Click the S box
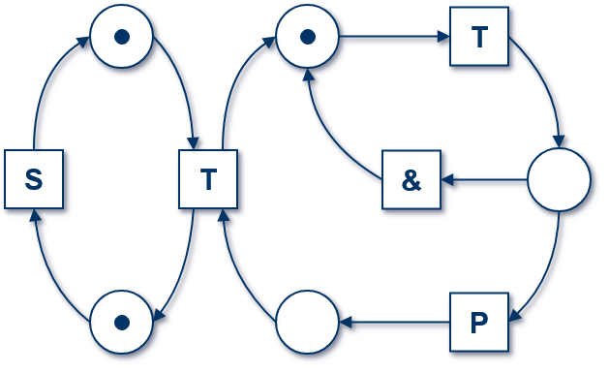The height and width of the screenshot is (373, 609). click(34, 179)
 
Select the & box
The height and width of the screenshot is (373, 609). click(411, 180)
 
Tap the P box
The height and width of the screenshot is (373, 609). click(479, 322)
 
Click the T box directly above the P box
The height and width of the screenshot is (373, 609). click(479, 38)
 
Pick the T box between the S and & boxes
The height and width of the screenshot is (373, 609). click(208, 179)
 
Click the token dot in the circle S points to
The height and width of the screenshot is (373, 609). click(121, 37)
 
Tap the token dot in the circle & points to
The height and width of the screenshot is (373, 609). click(307, 37)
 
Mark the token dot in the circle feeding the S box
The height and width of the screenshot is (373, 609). click(121, 322)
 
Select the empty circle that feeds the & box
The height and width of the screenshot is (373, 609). click(559, 180)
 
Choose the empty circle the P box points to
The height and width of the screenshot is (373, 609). click(307, 322)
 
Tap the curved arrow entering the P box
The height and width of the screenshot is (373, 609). click(550, 271)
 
